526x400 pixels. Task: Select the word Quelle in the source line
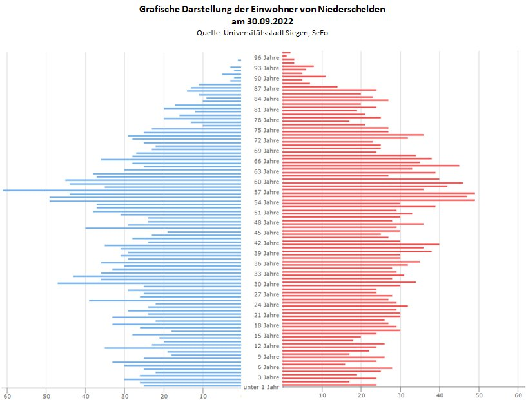[209, 32]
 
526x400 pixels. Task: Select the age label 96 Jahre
[266, 57]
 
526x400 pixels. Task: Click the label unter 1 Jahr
[262, 387]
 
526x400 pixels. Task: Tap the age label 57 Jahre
[266, 192]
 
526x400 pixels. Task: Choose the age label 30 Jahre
[266, 284]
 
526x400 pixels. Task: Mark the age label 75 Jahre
[266, 130]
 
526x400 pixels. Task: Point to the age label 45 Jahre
[266, 233]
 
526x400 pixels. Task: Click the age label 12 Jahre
[266, 346]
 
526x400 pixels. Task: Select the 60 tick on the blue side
[7, 395]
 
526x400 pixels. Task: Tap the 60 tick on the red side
[518, 395]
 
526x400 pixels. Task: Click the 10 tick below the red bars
[322, 395]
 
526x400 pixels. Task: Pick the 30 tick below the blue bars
[125, 395]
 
